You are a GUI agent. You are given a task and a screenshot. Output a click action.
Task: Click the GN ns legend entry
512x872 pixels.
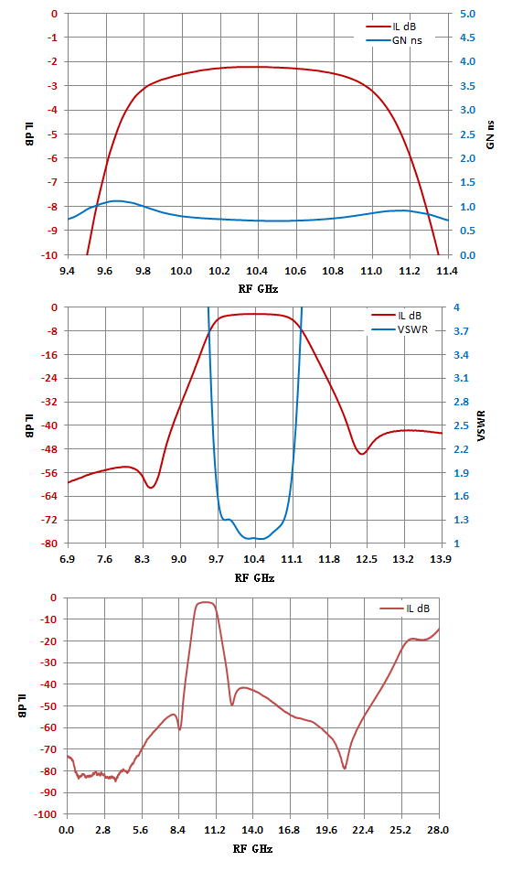point(394,40)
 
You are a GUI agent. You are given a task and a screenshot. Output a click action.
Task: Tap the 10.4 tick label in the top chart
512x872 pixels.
point(258,271)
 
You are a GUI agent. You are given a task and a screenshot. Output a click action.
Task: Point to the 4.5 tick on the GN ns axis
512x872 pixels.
point(468,38)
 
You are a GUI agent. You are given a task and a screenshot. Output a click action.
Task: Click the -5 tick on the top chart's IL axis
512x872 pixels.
point(54,134)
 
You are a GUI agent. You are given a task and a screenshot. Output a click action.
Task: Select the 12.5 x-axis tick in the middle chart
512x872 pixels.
point(367,559)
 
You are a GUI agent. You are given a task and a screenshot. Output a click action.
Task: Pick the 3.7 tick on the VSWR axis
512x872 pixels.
point(461,331)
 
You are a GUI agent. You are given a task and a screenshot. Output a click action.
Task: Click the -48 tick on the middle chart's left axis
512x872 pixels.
point(50,448)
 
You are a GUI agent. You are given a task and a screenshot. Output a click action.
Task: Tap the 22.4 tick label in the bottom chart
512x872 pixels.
point(364,830)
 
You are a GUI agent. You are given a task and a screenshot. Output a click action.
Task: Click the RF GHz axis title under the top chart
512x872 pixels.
point(258,289)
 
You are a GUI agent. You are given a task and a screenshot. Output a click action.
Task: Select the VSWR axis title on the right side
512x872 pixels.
point(482,426)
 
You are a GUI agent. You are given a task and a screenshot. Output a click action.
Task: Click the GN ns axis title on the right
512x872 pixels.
point(490,135)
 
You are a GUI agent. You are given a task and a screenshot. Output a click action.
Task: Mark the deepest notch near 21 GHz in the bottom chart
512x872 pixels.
point(345,769)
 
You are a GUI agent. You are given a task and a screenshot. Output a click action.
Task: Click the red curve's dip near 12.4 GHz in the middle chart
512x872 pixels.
point(362,454)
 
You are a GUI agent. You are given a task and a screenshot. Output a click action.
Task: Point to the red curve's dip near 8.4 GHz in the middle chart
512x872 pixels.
point(150,488)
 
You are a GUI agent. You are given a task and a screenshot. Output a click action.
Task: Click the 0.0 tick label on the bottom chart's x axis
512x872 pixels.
point(67,830)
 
